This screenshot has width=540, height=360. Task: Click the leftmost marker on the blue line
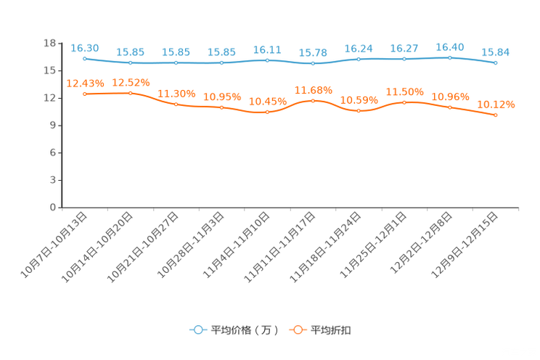tap(85, 58)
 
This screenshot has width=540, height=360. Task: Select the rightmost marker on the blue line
tap(496, 63)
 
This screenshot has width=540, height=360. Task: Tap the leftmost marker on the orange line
tap(85, 94)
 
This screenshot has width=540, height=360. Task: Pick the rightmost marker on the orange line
tap(496, 115)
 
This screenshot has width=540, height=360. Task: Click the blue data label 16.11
tap(267, 50)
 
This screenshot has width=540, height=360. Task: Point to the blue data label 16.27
tap(404, 49)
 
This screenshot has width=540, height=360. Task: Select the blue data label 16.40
tap(450, 47)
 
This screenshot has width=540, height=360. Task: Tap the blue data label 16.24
tap(359, 49)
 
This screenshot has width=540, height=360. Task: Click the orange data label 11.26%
tap(176, 94)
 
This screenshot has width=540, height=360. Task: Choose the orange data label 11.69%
tap(313, 91)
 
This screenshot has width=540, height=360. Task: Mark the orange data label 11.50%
tap(404, 93)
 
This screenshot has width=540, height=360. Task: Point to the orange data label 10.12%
tap(496, 105)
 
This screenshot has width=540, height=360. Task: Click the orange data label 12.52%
tap(131, 83)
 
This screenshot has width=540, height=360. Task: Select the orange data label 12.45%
tap(85, 83)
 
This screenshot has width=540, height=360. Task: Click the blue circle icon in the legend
tap(197, 330)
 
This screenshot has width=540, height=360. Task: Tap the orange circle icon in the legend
tap(297, 330)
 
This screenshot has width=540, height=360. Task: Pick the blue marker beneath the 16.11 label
tap(267, 60)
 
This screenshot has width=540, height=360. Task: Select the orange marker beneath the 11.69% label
tap(313, 101)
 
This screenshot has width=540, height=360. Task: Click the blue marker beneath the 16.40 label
tap(450, 57)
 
